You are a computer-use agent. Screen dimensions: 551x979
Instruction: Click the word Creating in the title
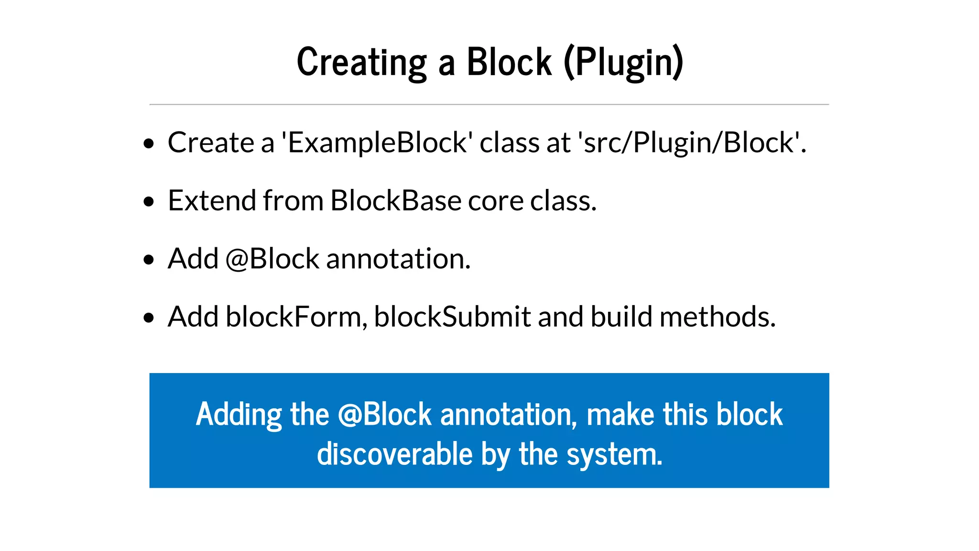coord(361,62)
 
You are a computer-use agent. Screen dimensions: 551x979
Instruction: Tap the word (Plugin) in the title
coord(624,62)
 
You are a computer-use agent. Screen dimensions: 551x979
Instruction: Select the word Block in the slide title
coord(509,62)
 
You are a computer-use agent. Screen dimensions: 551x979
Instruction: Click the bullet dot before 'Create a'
coord(149,143)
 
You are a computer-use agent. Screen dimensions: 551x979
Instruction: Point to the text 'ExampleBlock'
coord(377,143)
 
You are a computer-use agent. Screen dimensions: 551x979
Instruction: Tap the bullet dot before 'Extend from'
coord(149,201)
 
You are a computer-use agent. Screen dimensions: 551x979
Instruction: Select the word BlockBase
coord(396,200)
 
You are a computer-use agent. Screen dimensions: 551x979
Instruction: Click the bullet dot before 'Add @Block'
coord(149,260)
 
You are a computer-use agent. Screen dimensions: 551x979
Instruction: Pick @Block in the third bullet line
coord(272,259)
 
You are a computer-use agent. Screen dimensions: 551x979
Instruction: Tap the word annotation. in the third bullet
coord(398,259)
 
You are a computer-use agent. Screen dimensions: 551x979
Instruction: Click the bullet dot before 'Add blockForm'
coord(149,318)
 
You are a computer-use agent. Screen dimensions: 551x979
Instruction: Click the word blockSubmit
coord(452,317)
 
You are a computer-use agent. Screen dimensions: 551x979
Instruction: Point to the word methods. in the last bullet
coord(717,317)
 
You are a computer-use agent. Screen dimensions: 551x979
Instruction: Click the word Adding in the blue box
coord(239,414)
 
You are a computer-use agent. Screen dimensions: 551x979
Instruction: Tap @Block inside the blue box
coord(385,414)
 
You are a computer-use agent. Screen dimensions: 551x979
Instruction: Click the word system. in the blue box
coord(615,454)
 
